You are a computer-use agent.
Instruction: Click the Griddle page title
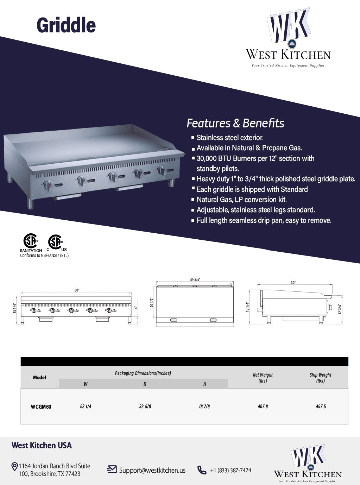66,25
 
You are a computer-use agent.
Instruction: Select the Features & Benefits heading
235,123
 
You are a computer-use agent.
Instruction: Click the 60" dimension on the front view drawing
77,290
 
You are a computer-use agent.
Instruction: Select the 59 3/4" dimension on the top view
195,280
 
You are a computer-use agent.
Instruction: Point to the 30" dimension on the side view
293,283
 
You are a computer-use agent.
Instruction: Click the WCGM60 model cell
41,407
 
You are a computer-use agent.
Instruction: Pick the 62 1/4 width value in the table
86,407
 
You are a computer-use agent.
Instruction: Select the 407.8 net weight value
263,407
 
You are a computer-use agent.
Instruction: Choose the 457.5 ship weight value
321,407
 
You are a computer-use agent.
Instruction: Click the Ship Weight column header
320,378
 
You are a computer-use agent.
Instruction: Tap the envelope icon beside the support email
112,470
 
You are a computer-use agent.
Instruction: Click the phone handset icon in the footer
202,470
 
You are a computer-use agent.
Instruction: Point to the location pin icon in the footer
15,467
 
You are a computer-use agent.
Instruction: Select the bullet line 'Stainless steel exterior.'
230,138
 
